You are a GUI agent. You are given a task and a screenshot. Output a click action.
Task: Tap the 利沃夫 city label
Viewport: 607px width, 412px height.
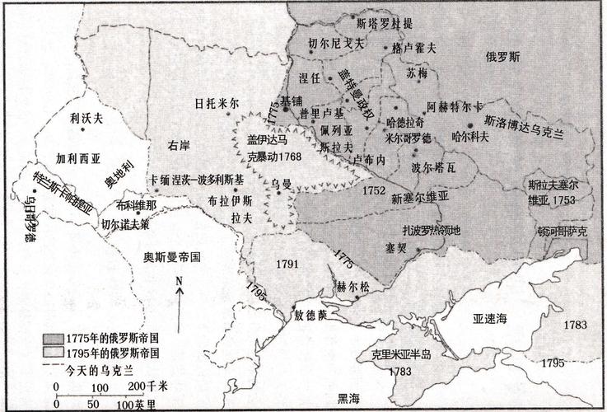coord(85,119)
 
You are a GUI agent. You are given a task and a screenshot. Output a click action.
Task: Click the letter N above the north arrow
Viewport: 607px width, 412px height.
coord(180,282)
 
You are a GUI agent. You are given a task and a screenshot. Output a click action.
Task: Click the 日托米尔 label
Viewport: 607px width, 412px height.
coord(217,104)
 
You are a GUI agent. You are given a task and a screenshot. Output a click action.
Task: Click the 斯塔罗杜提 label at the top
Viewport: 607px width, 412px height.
coord(386,15)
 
